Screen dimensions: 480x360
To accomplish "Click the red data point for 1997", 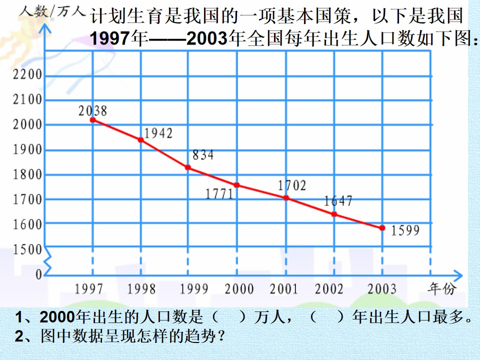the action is click(93, 120).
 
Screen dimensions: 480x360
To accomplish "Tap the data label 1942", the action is click(158, 133).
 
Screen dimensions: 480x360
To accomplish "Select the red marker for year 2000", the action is click(236, 185).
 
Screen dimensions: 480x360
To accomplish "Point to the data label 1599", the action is click(405, 230).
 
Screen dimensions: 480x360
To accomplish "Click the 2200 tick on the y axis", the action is click(27, 74).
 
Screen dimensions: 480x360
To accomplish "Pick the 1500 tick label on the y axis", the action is click(27, 249).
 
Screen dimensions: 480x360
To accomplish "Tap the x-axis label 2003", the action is click(381, 288).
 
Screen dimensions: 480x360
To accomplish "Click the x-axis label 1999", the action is click(194, 288).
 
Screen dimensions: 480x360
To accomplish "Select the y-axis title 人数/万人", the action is click(51, 12).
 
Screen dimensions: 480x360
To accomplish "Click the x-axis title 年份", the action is click(441, 288).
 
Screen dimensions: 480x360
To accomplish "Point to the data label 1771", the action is click(219, 194).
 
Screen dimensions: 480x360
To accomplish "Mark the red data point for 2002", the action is click(334, 214).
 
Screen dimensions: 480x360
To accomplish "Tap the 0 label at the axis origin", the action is click(38, 274).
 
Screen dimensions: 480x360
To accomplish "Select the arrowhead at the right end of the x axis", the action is click(457, 275).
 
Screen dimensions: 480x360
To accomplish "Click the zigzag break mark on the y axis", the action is click(47, 260).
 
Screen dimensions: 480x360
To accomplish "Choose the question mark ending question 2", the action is click(220, 336).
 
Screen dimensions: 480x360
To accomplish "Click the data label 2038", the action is click(93, 111).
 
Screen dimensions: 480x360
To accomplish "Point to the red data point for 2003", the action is click(382, 228).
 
